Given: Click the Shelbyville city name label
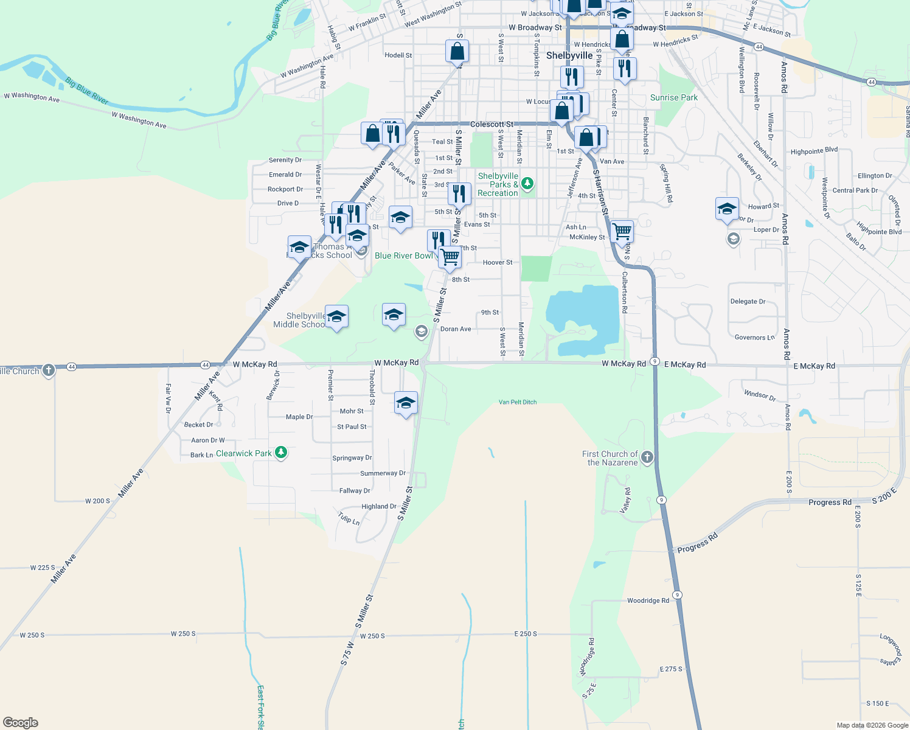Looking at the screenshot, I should click(x=569, y=55).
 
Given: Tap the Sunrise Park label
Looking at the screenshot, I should click(x=673, y=97).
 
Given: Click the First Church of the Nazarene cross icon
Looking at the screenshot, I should click(x=647, y=457).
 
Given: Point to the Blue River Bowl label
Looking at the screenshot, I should click(x=404, y=255).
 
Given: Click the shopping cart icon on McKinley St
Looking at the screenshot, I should click(x=622, y=231).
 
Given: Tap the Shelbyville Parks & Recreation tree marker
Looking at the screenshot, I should click(x=527, y=182).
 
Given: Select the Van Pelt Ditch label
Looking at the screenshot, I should click(x=518, y=402).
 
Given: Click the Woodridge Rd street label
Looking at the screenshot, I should click(x=648, y=600).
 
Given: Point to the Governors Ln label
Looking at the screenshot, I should click(x=754, y=338).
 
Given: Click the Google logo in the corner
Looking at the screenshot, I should click(x=21, y=723).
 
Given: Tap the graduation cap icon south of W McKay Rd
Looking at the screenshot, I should click(x=406, y=403).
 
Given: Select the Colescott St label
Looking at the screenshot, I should click(x=491, y=124).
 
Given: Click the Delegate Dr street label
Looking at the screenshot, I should click(x=748, y=301).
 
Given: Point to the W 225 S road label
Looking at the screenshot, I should click(x=43, y=568).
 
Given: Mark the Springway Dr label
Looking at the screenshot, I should click(x=352, y=458).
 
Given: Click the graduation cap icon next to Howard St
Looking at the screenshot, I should click(x=727, y=209).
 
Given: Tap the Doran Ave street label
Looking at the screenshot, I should click(x=456, y=329).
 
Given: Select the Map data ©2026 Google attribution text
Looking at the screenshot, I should click(x=872, y=725).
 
